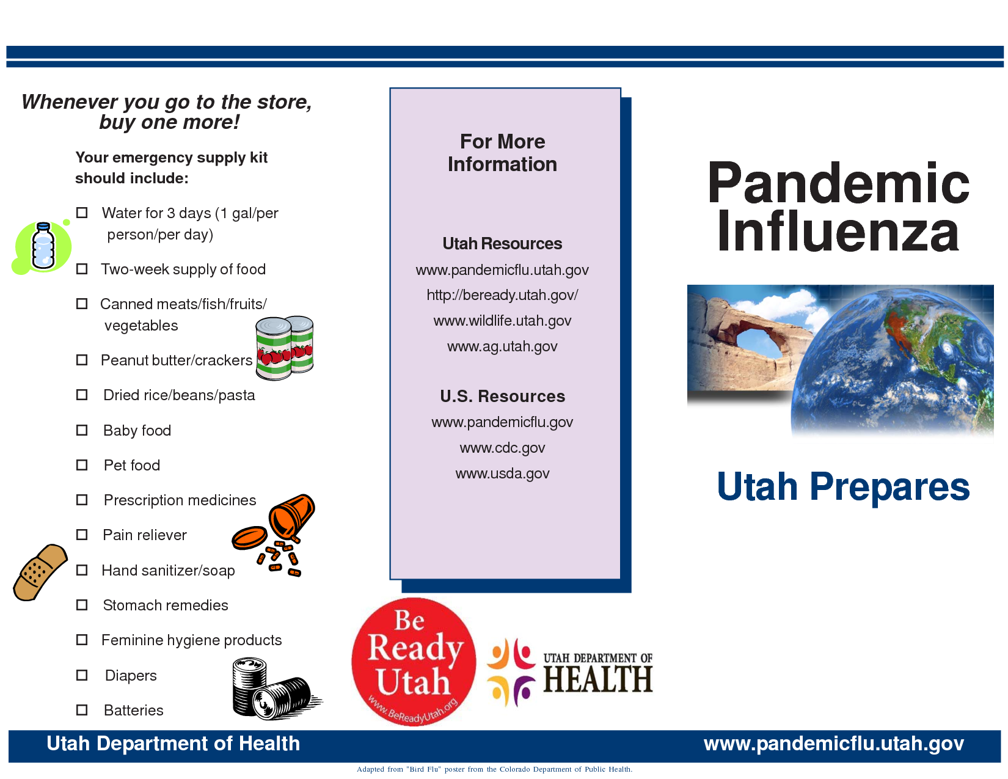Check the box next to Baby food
coord(82,430)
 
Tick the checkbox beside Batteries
coord(82,710)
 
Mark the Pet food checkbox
coord(82,465)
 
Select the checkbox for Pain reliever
coord(82,535)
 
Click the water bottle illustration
coord(43,246)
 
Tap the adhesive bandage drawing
coord(40,572)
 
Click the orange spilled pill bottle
coord(275,535)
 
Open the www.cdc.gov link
coord(502,448)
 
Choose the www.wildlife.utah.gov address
coord(502,321)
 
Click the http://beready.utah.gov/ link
coord(502,295)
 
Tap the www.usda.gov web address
coord(502,474)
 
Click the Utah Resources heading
coord(502,244)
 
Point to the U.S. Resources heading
coord(502,397)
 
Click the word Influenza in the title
coord(838,230)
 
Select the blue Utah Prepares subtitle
coord(843,487)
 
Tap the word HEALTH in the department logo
coord(598,679)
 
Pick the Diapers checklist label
coord(131,676)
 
